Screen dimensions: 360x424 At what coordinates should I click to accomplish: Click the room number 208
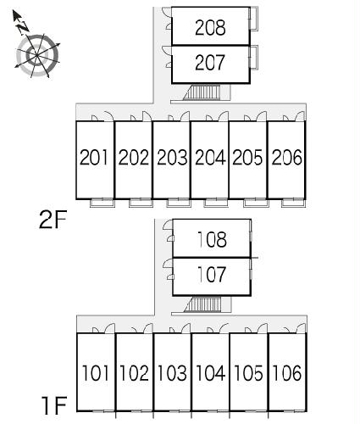pos(210,27)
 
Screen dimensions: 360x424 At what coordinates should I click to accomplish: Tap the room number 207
pos(210,63)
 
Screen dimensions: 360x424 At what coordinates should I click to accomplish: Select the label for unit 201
pos(94,157)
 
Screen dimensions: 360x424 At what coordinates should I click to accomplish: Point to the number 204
pos(210,157)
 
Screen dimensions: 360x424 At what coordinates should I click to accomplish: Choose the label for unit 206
pos(287,157)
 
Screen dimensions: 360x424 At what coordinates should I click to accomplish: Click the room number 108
pos(212,239)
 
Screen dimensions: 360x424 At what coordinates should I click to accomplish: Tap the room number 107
pos(212,274)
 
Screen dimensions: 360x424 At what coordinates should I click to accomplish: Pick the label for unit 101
pos(95,373)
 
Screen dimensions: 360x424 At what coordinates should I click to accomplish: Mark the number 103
pos(172,373)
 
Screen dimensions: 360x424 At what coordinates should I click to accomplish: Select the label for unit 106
pos(287,373)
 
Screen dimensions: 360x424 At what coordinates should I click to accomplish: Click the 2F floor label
pos(53,220)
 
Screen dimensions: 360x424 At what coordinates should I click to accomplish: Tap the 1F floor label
pos(55,405)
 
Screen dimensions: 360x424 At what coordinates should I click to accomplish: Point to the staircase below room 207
pos(202,92)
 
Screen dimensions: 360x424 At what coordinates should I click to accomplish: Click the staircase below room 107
pos(202,304)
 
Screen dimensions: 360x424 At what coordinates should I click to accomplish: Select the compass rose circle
pos(37,55)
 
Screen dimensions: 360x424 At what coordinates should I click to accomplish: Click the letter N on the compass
pos(23,27)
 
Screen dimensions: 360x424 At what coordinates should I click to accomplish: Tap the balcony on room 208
pos(253,19)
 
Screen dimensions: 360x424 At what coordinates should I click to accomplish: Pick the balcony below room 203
pos(179,203)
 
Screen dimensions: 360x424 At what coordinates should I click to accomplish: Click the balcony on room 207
pos(253,57)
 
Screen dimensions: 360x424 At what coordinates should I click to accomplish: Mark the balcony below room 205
pos(255,203)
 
